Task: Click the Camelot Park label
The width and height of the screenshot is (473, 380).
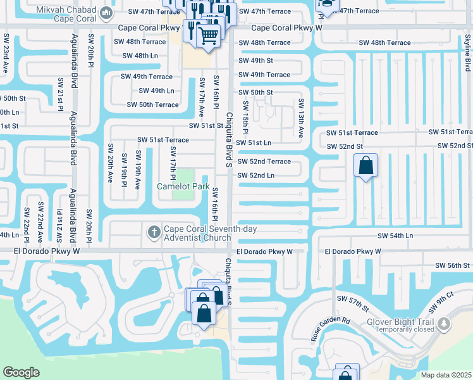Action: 183,186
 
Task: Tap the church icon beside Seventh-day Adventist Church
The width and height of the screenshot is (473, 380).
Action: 154,232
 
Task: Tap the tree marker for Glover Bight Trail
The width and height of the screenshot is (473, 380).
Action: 445,324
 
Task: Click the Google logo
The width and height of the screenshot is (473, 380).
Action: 21,372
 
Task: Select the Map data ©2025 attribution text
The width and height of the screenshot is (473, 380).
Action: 446,375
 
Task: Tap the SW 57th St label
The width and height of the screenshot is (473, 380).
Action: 352,303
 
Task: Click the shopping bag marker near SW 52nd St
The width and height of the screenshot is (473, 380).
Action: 365,166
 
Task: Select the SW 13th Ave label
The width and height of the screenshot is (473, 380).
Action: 302,118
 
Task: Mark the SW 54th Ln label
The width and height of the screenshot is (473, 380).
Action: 395,236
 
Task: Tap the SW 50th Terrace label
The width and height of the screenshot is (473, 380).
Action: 152,105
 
